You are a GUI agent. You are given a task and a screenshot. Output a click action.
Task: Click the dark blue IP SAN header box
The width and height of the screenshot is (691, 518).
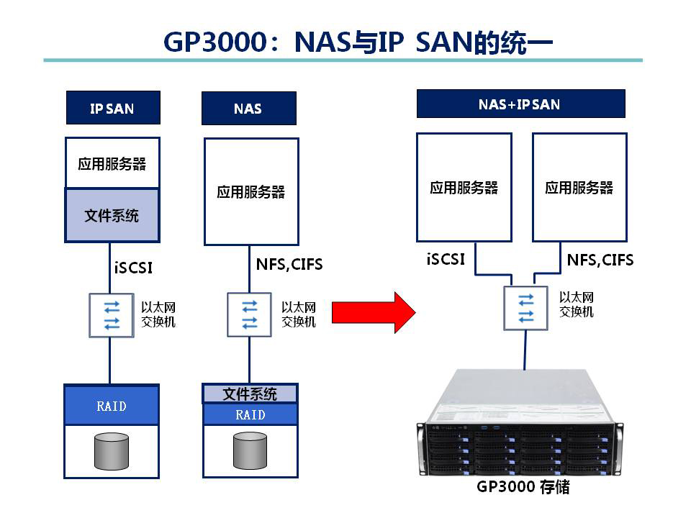pos(112,108)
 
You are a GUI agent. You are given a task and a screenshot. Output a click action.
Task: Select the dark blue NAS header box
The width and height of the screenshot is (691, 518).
pos(248,109)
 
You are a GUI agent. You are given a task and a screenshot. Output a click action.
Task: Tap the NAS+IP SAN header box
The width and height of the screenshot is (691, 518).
pos(520,104)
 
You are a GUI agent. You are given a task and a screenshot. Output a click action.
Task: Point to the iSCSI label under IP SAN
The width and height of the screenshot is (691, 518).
pos(133,268)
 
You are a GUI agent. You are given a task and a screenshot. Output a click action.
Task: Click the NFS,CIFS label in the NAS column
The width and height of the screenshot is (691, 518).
pos(289,265)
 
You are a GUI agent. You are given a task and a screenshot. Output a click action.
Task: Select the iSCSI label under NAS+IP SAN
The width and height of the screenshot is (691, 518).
pos(446,259)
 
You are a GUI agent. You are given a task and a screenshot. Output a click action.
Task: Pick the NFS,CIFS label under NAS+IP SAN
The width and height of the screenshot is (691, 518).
pos(600,260)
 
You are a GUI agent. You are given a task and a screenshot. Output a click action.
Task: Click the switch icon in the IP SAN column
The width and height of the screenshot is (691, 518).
pos(112,315)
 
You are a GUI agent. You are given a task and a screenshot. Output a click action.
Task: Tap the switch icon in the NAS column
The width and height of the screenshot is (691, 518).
pos(249,314)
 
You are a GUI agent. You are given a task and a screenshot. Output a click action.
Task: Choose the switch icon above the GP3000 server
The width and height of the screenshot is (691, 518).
pos(526,308)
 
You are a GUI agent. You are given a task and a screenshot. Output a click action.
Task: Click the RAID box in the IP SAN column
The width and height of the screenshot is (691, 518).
pos(112,406)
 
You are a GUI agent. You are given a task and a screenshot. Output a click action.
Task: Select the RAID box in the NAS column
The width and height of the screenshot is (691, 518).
pos(250,414)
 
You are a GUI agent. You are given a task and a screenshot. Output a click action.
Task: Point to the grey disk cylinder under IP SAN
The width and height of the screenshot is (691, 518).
pos(112,451)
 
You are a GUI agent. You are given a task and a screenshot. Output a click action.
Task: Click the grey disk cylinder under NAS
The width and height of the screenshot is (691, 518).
pos(250,450)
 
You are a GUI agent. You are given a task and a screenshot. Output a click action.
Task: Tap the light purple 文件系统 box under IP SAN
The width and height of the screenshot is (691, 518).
pos(112,215)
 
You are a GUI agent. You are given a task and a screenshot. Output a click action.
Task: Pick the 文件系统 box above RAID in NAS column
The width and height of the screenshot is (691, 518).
pos(250,394)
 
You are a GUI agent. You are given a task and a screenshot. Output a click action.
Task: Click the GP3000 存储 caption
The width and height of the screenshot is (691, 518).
pos(523,487)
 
